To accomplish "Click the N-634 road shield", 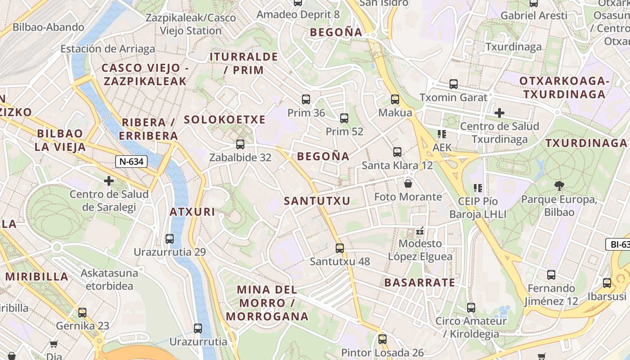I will click(x=131, y=162).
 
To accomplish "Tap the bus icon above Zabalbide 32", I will click(x=240, y=144).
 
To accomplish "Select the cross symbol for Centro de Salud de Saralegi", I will click(x=108, y=181).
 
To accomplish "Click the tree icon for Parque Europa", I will click(x=559, y=185).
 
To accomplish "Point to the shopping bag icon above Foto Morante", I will click(x=408, y=184).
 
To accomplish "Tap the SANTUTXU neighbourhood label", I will click(x=317, y=201).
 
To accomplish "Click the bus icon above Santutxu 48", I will click(x=340, y=248).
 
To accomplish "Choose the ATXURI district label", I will click(x=192, y=212).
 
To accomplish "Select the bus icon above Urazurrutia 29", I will click(x=170, y=239).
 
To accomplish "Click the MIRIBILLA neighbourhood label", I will click(x=37, y=277).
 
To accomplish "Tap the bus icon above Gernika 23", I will click(x=82, y=313).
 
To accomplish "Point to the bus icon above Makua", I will click(x=395, y=99).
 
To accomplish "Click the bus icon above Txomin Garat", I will click(x=453, y=84).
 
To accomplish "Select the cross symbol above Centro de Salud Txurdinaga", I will click(x=499, y=112).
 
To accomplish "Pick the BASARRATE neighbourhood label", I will click(x=419, y=283).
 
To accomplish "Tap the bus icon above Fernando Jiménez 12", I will click(x=551, y=275).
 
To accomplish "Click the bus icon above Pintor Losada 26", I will click(x=382, y=339).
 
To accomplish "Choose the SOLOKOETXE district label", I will click(x=225, y=120).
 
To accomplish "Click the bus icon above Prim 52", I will click(x=344, y=118).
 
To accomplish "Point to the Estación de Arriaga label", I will click(x=108, y=49).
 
